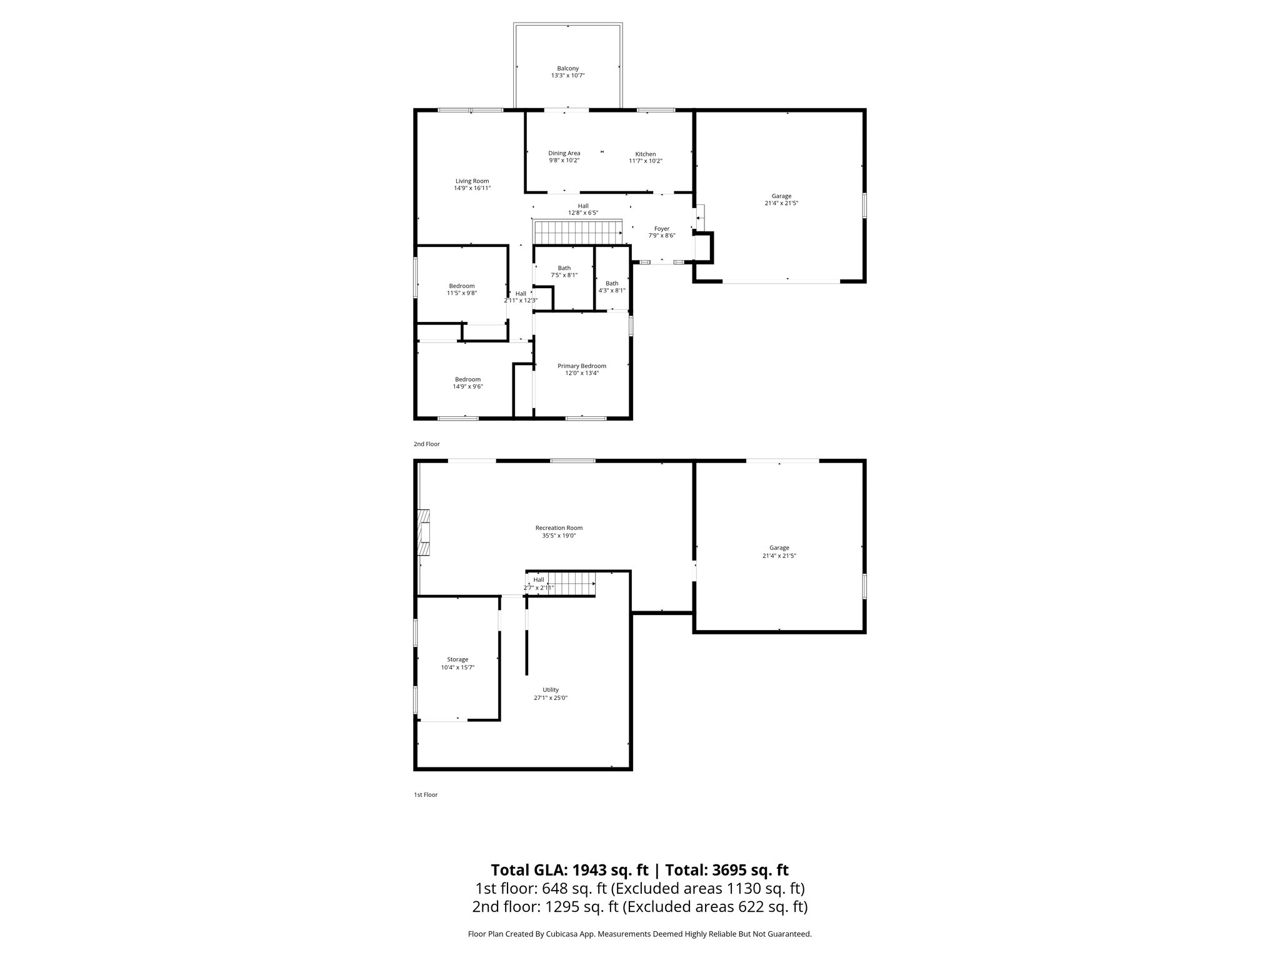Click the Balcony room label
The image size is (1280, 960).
point(567,68)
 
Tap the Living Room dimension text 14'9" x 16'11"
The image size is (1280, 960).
point(472,188)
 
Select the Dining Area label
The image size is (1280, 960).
point(564,153)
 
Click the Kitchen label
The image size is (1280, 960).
point(645,154)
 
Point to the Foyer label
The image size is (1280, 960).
point(661,229)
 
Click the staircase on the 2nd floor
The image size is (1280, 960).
point(578,232)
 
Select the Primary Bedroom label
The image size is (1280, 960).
point(581,366)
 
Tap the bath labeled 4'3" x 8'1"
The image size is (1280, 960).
point(611,287)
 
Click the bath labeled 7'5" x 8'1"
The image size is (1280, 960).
point(564,271)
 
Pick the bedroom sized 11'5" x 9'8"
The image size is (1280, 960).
point(461,289)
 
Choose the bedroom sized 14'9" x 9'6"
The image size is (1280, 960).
point(467,382)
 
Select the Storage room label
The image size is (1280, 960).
point(457,659)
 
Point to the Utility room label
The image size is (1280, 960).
point(550,690)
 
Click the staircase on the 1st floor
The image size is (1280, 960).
point(574,585)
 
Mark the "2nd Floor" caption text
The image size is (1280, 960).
point(426,444)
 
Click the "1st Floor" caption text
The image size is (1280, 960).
point(425,795)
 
